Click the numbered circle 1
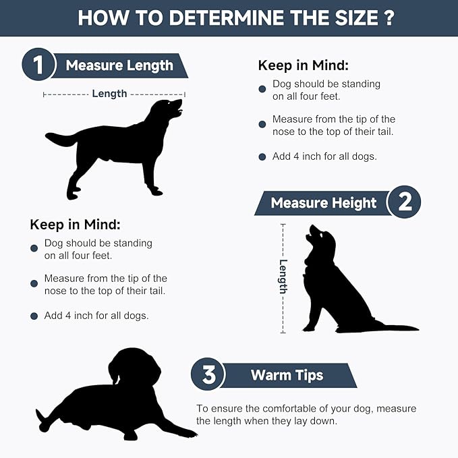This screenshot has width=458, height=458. coord(38,65)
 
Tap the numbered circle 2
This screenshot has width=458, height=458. coord(405,202)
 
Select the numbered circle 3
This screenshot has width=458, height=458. coord(208,374)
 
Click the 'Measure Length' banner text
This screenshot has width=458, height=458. coord(119,65)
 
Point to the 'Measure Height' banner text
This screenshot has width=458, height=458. coord(324,203)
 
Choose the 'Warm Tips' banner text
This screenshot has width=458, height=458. coord(287,376)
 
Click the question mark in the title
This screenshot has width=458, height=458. coord(389,18)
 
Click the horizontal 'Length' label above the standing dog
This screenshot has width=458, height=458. coord(109,94)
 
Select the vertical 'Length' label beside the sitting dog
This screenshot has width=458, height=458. coord(283,277)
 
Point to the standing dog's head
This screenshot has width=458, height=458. coord(167,109)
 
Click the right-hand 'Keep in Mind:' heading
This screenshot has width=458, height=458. coord(303,65)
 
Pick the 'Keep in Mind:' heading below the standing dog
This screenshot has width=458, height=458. coord(75,225)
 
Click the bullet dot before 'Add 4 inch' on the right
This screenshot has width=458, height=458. coord(262,157)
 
